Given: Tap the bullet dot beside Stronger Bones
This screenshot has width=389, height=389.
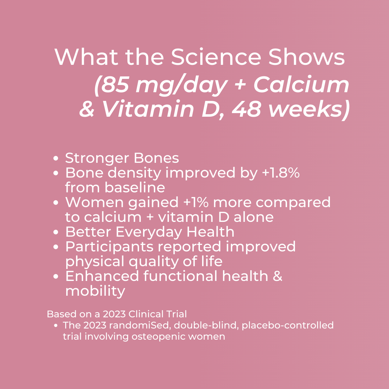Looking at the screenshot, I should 56,158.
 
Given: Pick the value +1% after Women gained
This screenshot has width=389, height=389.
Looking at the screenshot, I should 196,202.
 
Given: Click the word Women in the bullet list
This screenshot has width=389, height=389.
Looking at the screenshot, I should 91,202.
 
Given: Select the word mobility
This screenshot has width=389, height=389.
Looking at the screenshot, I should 95,291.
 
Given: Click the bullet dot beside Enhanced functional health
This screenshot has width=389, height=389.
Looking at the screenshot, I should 56,277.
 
